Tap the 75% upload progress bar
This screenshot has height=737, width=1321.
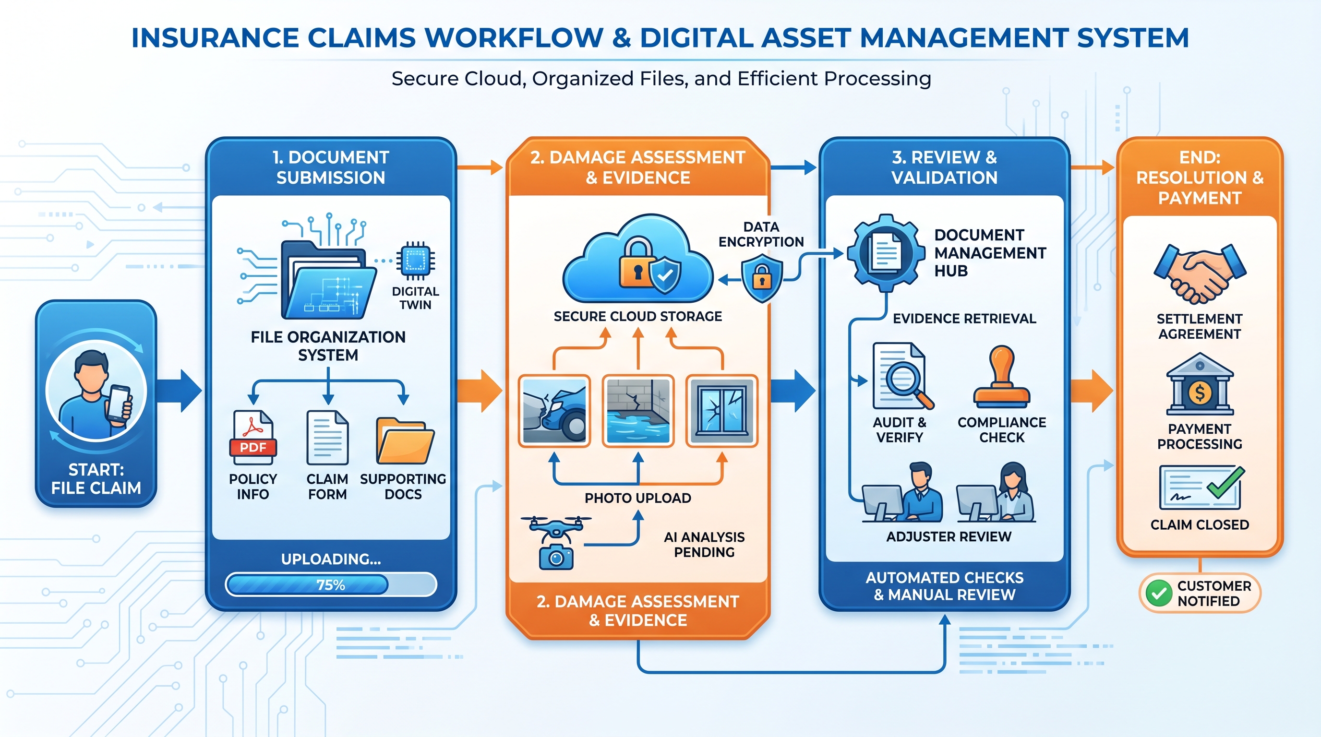(331, 584)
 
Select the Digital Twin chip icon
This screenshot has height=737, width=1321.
(415, 261)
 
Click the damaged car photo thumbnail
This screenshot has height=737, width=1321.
(554, 411)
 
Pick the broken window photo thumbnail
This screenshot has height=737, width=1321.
(722, 411)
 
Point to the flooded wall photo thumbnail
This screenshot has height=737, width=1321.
(638, 411)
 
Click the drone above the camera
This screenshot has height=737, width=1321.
(555, 527)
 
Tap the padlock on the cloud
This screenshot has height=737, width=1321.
(637, 263)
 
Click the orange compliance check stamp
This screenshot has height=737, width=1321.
(1001, 377)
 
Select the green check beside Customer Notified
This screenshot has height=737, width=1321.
(1159, 593)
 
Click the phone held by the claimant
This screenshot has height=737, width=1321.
(118, 404)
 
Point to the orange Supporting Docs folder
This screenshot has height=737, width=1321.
(405, 441)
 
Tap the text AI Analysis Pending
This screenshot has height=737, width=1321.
(704, 544)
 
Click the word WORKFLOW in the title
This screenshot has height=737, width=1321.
(514, 38)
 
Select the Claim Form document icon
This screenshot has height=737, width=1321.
(328, 437)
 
